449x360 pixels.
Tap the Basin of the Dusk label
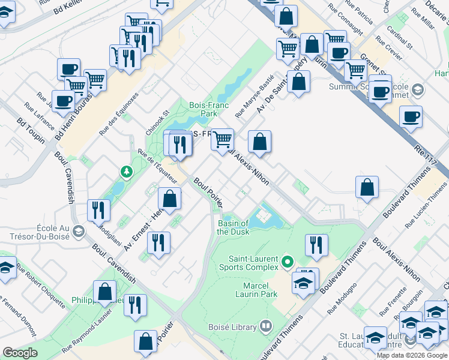234,227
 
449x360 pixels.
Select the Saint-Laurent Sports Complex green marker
288,262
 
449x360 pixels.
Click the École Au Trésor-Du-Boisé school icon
78,232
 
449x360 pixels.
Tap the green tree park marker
127,173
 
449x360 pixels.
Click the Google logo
20,353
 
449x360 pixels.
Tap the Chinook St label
158,122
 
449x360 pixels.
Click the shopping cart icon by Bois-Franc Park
223,140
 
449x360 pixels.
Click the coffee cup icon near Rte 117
411,116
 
